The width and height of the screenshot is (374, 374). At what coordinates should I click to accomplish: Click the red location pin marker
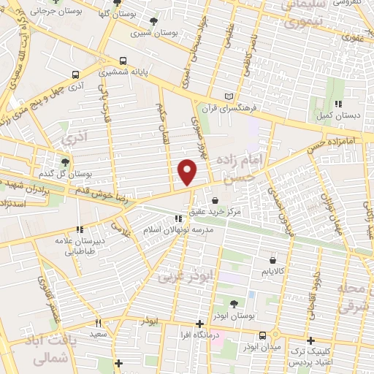click(188, 172)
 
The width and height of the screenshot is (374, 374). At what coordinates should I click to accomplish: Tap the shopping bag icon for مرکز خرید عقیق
click(215, 199)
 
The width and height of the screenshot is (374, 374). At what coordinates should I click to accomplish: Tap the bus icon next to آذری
click(76, 75)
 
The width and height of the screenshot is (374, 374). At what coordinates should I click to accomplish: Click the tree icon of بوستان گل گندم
click(66, 162)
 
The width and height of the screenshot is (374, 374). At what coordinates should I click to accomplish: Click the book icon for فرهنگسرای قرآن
click(230, 96)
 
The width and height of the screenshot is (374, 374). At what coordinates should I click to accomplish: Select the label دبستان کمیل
click(337, 115)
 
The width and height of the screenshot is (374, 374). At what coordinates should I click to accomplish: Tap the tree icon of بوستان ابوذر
click(234, 304)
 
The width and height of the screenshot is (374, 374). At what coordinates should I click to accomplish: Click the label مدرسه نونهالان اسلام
click(178, 229)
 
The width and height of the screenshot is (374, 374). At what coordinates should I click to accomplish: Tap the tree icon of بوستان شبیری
click(153, 22)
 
